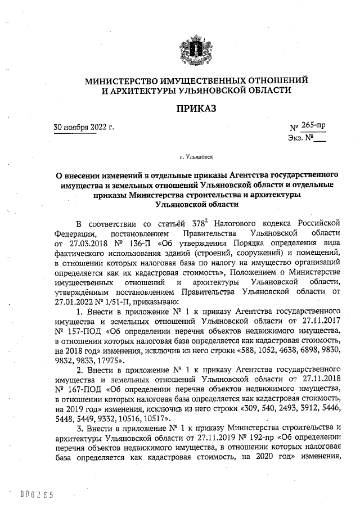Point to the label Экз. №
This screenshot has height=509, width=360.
[299, 138]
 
